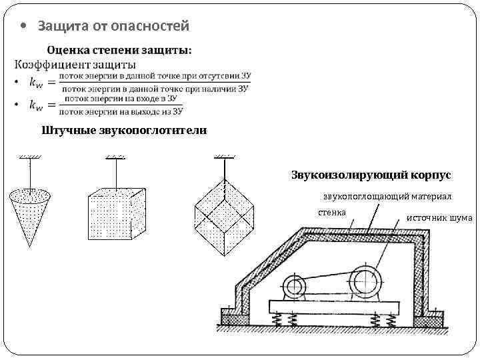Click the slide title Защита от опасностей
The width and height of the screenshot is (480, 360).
tap(113, 26)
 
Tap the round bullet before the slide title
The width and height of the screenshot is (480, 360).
tap(25, 27)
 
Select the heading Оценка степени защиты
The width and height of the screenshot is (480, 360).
tap(119, 51)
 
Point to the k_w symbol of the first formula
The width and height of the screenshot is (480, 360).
tap(37, 82)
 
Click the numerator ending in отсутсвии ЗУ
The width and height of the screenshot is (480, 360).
tap(153, 76)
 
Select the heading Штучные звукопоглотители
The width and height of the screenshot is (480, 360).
tap(123, 130)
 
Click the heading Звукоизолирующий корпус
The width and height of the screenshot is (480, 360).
tap(371, 175)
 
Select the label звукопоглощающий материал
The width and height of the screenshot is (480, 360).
tap(387, 197)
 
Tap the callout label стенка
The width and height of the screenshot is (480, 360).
tap(331, 213)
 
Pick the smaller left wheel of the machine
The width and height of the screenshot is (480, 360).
tap(293, 287)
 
